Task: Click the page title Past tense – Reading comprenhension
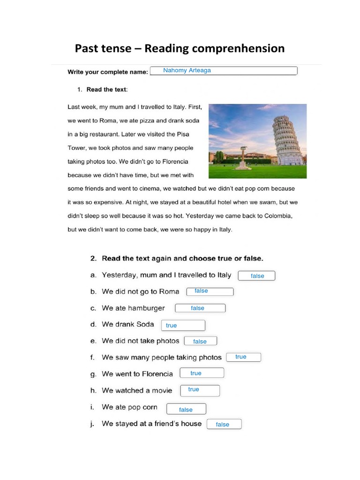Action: [x=180, y=48]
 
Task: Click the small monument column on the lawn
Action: [x=242, y=157]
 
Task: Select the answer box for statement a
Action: [x=256, y=276]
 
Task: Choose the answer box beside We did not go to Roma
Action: [x=210, y=292]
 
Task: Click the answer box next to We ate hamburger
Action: [x=200, y=308]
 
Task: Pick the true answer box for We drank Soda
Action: [x=183, y=325]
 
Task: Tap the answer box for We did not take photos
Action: [x=201, y=341]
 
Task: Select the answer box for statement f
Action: [x=243, y=357]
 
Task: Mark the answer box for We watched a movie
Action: [x=200, y=390]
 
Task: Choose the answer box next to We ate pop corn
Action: [x=186, y=409]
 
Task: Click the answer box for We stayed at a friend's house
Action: [x=224, y=424]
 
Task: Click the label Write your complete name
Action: [x=108, y=72]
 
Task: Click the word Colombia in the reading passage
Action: [x=277, y=216]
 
